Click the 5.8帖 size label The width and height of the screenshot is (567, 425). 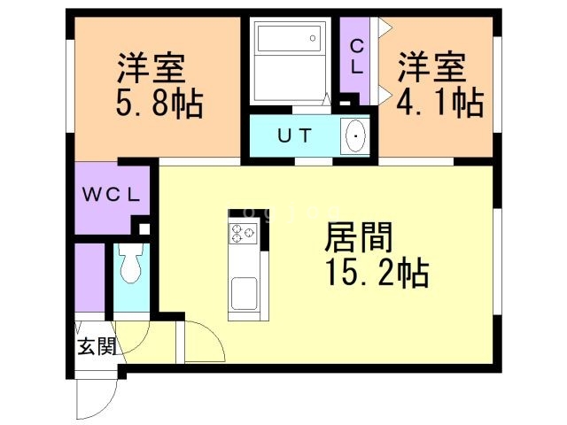[159, 104]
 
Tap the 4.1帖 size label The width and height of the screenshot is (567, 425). [440, 104]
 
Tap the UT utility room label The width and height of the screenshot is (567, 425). [293, 136]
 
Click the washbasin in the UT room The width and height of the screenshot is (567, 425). [355, 137]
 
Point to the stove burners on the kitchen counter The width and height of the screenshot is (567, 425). [243, 235]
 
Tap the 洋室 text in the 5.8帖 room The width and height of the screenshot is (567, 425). [159, 67]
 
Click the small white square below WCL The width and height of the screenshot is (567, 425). [145, 229]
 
